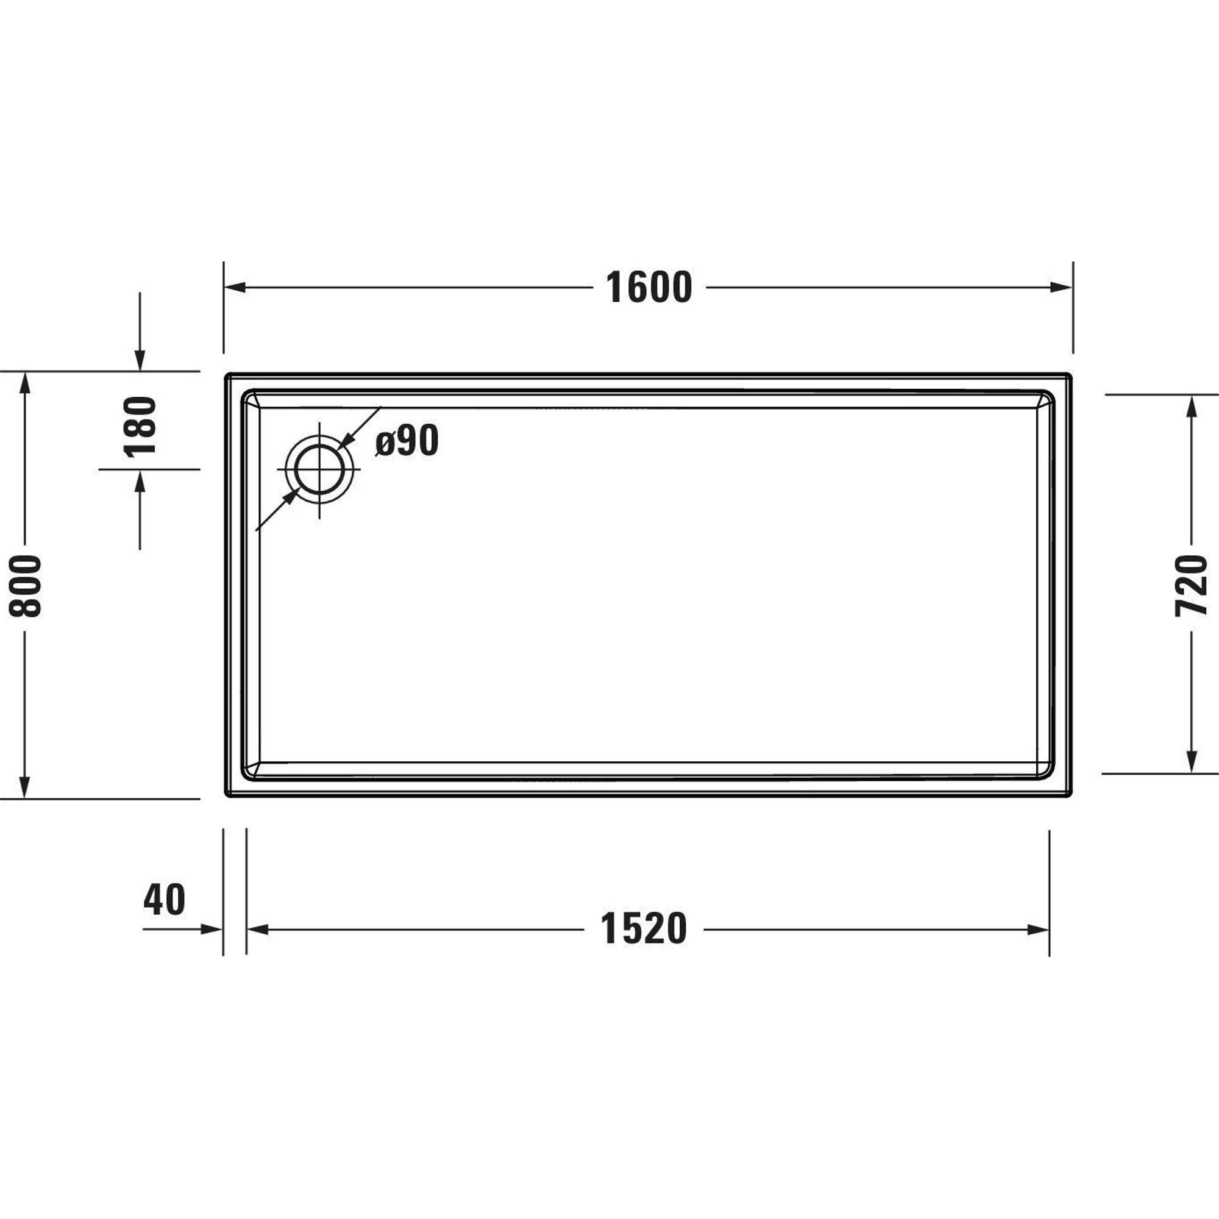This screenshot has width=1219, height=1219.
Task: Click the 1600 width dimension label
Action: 649,288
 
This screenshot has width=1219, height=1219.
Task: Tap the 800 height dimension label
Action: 26,587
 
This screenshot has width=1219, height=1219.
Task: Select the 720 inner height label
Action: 1191,586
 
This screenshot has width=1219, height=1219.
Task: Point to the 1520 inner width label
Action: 644,929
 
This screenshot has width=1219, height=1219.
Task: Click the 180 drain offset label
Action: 140,426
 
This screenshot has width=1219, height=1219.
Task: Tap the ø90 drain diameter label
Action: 407,441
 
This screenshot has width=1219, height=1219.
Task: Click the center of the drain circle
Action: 319,470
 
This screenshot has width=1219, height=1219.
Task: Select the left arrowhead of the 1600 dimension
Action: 235,288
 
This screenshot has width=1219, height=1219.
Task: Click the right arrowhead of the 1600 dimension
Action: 1061,288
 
